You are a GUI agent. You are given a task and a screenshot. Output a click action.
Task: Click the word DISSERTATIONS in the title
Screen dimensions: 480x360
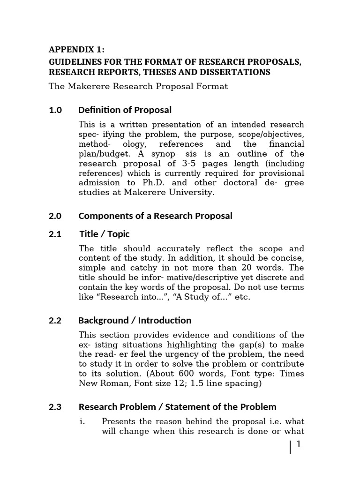click(232, 72)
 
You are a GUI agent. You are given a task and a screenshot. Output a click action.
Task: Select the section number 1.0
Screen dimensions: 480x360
click(55, 110)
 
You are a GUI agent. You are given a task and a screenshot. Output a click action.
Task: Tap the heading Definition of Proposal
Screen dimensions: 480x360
click(125, 110)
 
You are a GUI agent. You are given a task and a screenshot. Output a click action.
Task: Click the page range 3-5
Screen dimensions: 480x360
click(190, 164)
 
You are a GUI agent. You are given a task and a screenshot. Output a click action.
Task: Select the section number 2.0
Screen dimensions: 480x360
click(55, 216)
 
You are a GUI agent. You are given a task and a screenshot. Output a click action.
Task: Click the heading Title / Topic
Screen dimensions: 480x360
click(105, 234)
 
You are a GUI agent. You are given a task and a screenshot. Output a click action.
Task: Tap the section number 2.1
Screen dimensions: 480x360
click(55, 234)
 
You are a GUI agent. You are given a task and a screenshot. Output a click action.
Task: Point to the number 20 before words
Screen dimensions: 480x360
click(246, 268)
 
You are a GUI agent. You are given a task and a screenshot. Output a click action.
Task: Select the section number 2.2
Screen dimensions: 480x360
click(55, 321)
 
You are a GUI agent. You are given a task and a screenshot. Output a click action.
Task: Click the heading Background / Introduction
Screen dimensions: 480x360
click(135, 321)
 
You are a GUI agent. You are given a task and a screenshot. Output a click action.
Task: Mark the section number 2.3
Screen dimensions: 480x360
click(55, 407)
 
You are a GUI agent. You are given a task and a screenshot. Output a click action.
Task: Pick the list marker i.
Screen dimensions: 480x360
click(82, 421)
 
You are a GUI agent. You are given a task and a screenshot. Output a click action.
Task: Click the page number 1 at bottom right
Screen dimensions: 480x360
click(298, 445)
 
